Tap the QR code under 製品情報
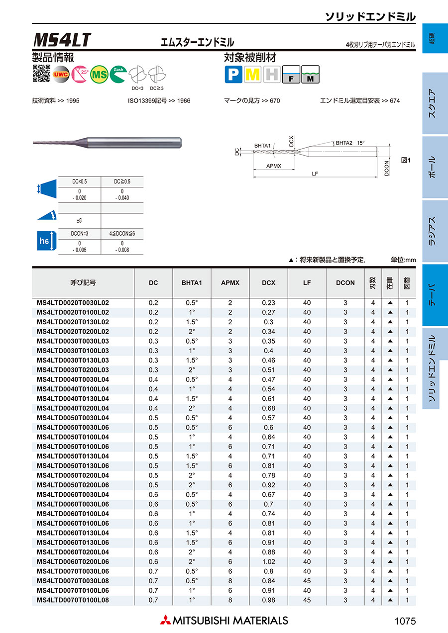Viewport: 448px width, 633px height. coord(41,74)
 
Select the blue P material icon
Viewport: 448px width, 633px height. coord(232,75)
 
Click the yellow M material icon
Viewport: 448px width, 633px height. coord(253,75)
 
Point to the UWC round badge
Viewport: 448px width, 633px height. coord(61,74)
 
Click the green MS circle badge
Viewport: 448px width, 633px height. coord(100,74)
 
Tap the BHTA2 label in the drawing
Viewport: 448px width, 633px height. coord(343,143)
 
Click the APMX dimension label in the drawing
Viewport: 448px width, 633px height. coord(274,166)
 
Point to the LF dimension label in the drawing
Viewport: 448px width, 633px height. coord(315,174)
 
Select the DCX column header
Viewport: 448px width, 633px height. coord(269,282)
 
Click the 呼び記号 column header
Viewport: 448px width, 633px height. coord(83,282)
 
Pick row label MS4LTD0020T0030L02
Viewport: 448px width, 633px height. coord(73,303)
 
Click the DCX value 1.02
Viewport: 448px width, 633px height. coord(269,562)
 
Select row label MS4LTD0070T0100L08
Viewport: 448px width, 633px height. coord(73,600)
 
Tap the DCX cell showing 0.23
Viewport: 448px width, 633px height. coord(269,303)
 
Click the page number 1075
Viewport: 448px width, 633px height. coord(404,621)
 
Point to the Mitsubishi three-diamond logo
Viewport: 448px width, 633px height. coord(165,620)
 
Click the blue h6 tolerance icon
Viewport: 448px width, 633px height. coord(45,241)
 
